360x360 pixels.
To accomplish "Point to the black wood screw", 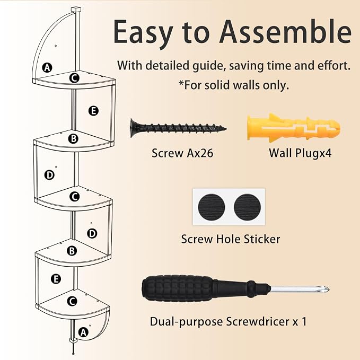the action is tap(178, 128).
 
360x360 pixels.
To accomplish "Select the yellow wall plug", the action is tap(294, 127).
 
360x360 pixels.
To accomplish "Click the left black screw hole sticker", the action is tap(212, 207).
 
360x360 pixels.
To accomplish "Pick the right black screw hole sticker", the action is tap(247, 207).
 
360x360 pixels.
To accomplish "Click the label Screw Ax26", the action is tap(182, 153).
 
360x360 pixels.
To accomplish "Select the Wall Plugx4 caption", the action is tap(300, 153).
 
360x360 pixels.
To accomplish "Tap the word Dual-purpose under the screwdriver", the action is tap(187, 322).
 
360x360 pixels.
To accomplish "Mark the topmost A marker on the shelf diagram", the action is tap(47, 68).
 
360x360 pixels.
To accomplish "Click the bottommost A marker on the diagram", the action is tap(83, 332).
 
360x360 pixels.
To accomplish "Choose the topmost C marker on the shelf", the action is tap(74, 78).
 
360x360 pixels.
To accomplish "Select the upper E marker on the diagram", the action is tap(93, 111).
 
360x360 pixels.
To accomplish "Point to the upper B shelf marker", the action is tap(73, 139).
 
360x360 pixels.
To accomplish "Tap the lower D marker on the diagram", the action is tap(92, 234).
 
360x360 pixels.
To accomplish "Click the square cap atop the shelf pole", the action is tap(76, 10).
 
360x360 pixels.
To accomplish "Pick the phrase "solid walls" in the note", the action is tap(233, 85).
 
